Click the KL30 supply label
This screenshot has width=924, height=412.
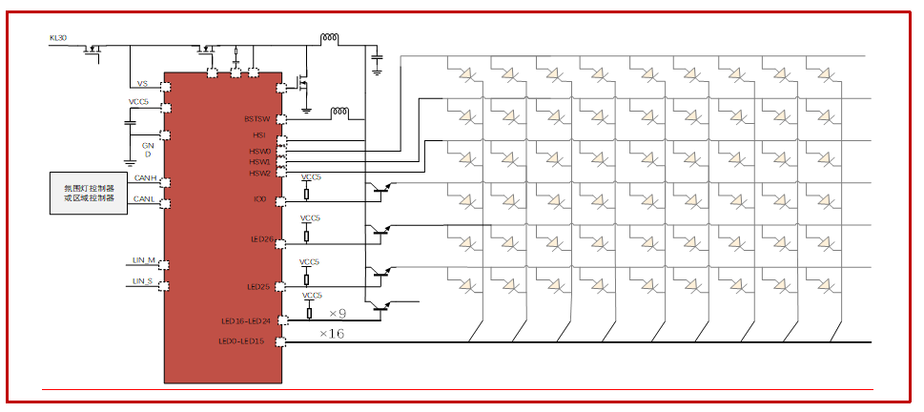point(57,38)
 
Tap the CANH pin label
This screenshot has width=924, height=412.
point(145,178)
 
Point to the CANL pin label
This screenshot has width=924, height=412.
point(145,199)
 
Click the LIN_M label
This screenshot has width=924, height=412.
point(144,259)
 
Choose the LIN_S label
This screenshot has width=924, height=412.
point(143,281)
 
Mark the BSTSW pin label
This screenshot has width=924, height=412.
point(257,119)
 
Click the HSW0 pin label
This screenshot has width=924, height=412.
point(260,152)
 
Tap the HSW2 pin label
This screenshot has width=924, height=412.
point(260,174)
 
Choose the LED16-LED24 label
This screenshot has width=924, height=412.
point(246,321)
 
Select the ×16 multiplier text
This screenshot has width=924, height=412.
point(332,334)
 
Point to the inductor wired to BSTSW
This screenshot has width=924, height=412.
point(339,113)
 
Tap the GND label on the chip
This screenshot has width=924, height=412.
point(148,150)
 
